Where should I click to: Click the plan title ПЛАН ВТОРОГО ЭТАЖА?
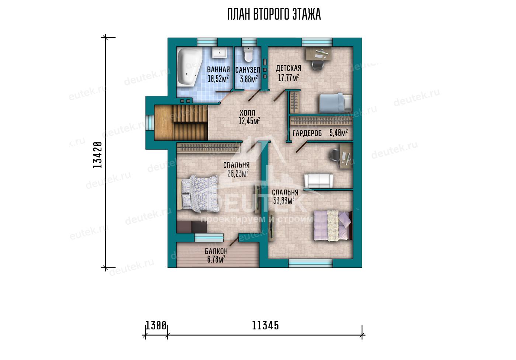(x=274, y=14)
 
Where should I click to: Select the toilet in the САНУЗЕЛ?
(x=248, y=54)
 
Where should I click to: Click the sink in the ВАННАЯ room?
(x=219, y=52)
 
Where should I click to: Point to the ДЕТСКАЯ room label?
(x=288, y=68)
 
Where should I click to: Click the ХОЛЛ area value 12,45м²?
(x=249, y=121)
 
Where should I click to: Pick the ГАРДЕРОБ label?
(x=307, y=133)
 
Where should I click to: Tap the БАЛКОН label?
(x=216, y=251)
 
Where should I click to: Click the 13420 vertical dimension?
(x=97, y=155)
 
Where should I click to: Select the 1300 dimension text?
(x=156, y=326)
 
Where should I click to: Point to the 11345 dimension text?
(x=265, y=326)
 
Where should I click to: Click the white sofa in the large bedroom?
(x=318, y=181)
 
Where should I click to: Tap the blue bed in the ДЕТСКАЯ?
(x=335, y=103)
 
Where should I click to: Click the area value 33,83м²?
(x=283, y=201)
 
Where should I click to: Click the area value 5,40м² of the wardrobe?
(x=339, y=133)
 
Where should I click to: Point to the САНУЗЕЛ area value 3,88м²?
(x=249, y=79)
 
